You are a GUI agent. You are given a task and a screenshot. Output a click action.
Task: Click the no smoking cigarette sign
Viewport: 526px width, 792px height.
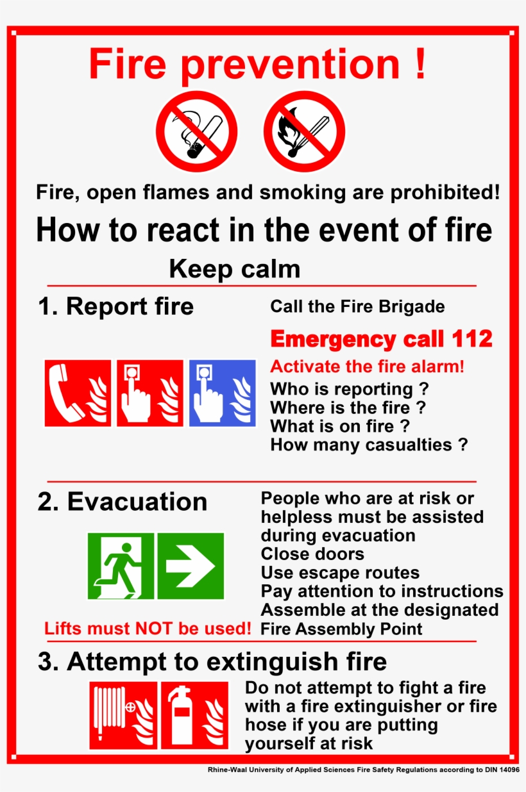197,131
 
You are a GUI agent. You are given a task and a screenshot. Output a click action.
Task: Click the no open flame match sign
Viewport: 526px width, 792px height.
304,131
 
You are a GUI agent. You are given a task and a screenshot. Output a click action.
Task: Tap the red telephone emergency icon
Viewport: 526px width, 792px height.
78,393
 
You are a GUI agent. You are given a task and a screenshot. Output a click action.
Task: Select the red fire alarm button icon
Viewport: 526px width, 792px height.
149,393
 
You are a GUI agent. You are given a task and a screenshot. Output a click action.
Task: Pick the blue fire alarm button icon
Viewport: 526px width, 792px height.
222,393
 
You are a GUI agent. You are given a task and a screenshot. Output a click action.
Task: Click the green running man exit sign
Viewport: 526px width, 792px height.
121,566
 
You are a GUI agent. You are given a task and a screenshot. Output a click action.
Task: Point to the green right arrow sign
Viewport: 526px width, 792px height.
191,566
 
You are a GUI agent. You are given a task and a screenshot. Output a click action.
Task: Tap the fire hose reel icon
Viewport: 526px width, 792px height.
123,715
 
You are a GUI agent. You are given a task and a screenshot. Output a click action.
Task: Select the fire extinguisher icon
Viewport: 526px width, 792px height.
194,715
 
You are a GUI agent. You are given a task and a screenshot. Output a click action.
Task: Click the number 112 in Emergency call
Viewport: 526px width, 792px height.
472,339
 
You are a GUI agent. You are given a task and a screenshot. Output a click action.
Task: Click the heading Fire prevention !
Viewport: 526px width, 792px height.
257,64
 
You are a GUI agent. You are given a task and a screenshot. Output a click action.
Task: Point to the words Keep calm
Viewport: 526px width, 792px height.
234,269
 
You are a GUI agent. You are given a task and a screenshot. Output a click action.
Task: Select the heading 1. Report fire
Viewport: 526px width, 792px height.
115,306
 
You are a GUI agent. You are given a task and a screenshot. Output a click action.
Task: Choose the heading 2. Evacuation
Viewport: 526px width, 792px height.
122,502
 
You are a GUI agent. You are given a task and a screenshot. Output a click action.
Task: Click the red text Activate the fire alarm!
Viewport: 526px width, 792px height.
367,367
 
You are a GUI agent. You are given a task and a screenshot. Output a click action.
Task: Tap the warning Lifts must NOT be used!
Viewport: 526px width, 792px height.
148,629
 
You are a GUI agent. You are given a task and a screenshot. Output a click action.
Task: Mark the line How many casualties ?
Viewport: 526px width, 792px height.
369,445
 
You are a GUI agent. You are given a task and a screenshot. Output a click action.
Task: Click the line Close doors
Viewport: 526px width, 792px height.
312,554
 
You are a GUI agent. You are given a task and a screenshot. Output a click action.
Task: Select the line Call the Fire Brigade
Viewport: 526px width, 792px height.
357,306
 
